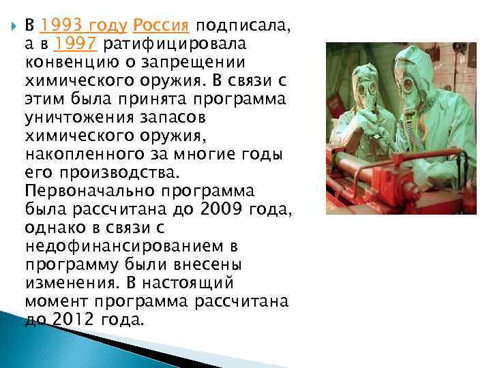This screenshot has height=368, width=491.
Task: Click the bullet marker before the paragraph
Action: tap(9, 26)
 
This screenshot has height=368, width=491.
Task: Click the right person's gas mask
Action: tap(408, 81)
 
